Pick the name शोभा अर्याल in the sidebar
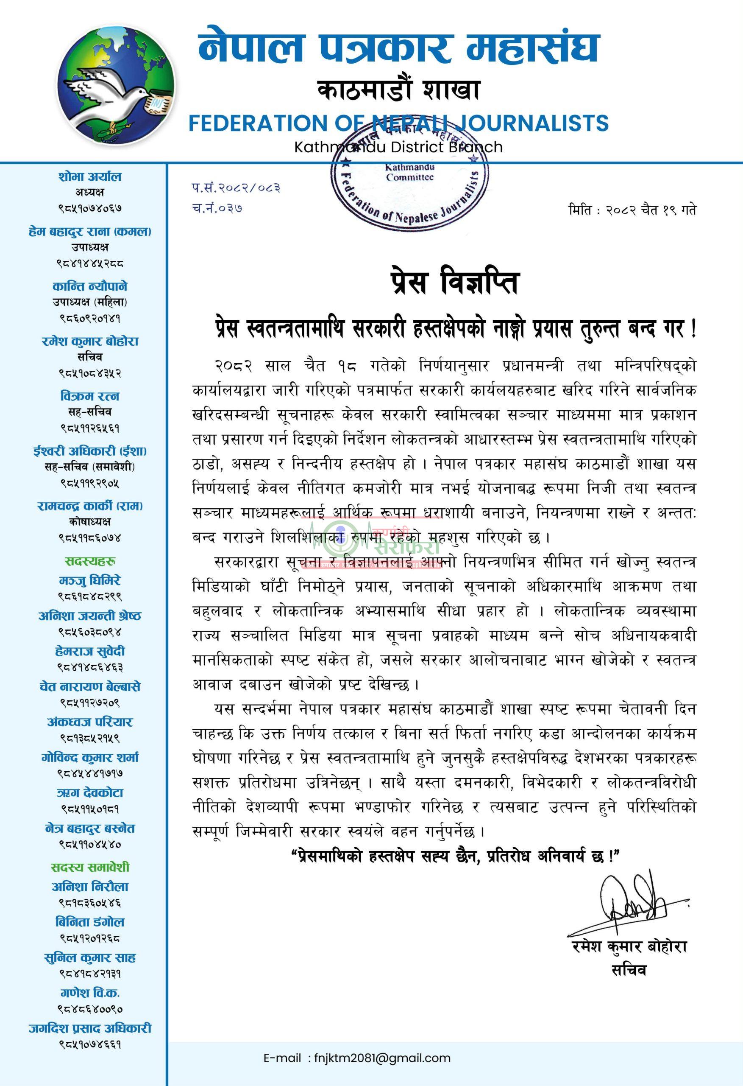pyautogui.click(x=90, y=176)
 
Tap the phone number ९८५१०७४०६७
pyautogui.click(x=90, y=208)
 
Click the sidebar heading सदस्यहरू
pyautogui.click(x=90, y=561)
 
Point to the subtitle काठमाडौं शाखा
pyautogui.click(x=398, y=90)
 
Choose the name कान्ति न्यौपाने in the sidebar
pyautogui.click(x=90, y=286)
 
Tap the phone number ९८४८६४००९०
pyautogui.click(x=90, y=1009)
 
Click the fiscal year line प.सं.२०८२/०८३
pyautogui.click(x=236, y=188)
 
